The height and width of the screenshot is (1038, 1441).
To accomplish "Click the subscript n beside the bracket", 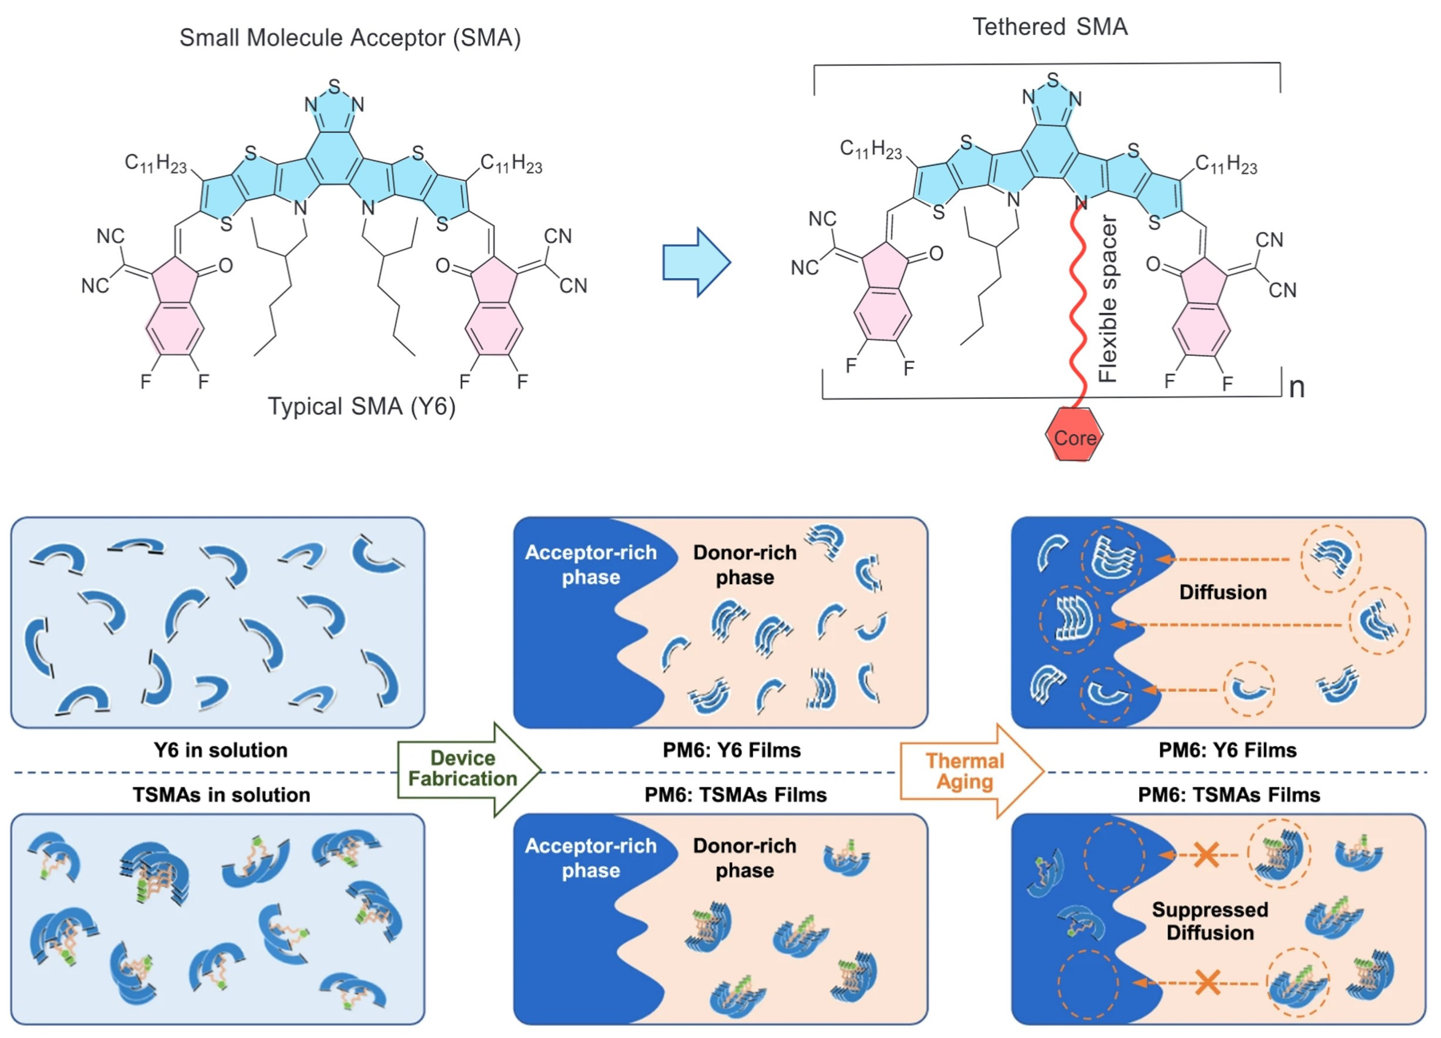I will coord(1296,388).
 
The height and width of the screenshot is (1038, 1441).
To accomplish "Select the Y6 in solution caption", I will coord(220,750).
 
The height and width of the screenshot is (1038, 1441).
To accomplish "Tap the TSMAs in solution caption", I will coord(221,795).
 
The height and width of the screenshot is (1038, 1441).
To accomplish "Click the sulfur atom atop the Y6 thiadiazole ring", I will coord(334,86).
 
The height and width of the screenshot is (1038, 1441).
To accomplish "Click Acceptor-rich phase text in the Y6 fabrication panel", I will coord(590,565).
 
